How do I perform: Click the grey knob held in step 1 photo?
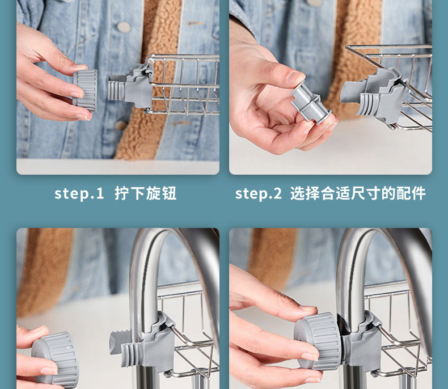coord(85,90)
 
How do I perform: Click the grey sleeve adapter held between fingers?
coord(311,104)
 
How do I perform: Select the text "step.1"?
coord(79,193)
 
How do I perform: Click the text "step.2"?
coord(258,193)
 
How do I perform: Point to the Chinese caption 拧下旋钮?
coord(145,193)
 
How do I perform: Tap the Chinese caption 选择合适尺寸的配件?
coord(358,193)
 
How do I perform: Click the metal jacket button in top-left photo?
coord(124,27)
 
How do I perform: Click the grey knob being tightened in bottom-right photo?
coord(318,341)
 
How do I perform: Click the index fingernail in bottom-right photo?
coord(308,308)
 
